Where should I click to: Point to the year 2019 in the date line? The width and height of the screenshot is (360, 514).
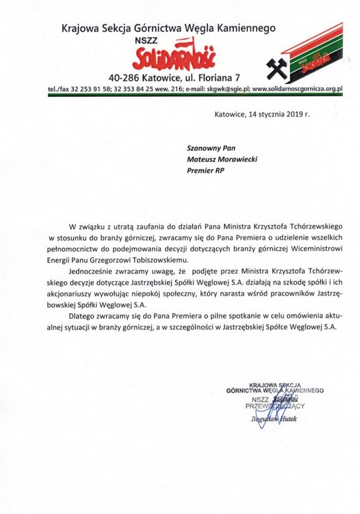click(x=293, y=114)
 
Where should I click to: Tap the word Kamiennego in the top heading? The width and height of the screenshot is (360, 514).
click(x=249, y=28)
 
